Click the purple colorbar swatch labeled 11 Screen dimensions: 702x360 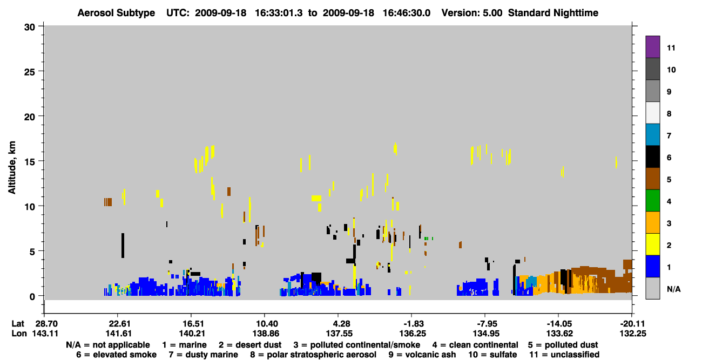[652, 46]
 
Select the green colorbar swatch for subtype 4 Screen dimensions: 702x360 [652, 201]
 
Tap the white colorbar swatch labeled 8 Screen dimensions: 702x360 [652, 112]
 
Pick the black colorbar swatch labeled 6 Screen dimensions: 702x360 [652, 157]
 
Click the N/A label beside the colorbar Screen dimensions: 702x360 [673, 289]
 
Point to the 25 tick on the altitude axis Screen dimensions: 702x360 [30, 72]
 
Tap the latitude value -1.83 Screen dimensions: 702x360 [413, 324]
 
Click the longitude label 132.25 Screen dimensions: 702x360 [633, 334]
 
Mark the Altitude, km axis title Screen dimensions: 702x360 [12, 168]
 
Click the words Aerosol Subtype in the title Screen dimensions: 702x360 [116, 13]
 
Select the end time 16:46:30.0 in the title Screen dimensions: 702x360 [407, 13]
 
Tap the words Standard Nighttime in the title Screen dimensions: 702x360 [553, 13]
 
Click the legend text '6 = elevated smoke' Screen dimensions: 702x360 [116, 355]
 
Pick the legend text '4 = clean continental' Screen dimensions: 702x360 [475, 345]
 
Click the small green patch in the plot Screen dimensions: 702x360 [428, 239]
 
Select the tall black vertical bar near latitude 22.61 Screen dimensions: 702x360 [123, 246]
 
